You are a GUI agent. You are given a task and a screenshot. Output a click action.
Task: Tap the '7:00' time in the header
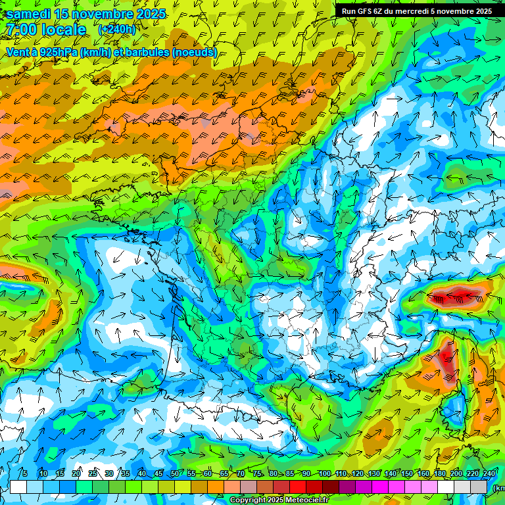[x=22, y=30]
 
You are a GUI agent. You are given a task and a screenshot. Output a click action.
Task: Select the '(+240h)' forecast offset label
[x=117, y=30]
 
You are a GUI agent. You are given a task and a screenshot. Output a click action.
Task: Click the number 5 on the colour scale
[x=24, y=473]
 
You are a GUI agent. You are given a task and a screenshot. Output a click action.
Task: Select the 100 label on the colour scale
[x=324, y=473]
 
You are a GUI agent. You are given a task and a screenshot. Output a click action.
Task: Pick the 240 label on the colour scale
[x=489, y=473]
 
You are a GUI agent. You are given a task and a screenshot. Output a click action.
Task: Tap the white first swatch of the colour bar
[x=18, y=487]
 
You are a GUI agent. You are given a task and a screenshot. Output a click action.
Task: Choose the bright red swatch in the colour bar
[x=297, y=487]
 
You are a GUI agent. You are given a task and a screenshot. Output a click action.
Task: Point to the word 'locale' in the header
[x=64, y=30]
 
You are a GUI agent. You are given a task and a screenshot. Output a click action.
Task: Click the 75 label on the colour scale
[x=257, y=473]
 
